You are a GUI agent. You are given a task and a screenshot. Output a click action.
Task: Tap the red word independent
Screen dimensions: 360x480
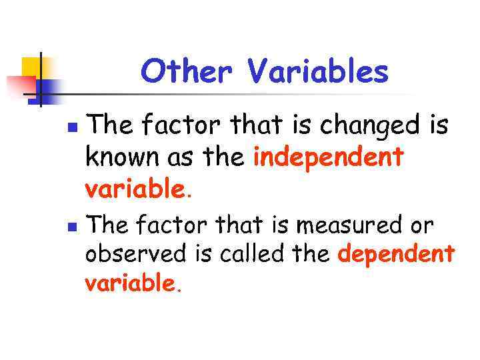(329, 158)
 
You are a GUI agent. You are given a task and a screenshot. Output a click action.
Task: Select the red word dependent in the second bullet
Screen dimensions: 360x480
(397, 255)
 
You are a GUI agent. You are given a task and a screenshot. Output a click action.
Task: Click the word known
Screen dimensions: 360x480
(118, 158)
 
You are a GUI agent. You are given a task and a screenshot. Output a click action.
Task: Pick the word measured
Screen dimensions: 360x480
(351, 225)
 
